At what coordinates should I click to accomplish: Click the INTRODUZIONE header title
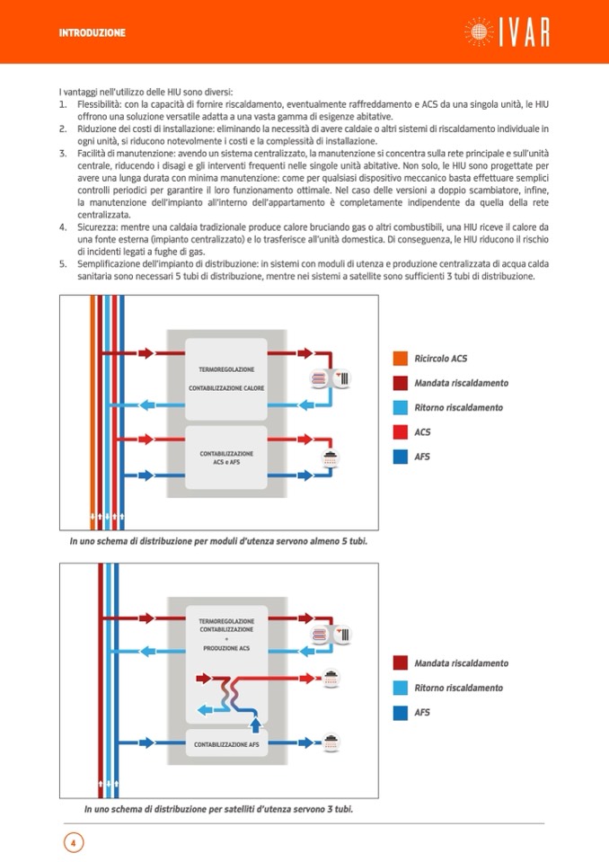click(x=92, y=33)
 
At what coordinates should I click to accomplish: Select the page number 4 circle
click(x=73, y=842)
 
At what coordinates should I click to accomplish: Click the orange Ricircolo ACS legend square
click(x=401, y=359)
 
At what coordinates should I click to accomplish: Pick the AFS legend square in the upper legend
click(x=401, y=457)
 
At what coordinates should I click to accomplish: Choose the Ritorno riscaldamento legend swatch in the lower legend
click(x=401, y=688)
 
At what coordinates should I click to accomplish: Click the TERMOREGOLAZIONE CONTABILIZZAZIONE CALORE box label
click(x=226, y=378)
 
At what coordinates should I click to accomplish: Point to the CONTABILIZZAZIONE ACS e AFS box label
click(x=226, y=458)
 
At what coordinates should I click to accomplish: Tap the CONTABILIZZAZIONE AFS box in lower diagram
click(x=226, y=745)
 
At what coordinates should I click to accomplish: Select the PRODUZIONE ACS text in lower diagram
click(x=226, y=648)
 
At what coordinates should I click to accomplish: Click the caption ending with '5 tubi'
click(x=218, y=542)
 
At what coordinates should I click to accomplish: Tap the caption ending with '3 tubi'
click(x=218, y=809)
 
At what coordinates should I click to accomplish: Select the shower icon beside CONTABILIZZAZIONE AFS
click(x=331, y=742)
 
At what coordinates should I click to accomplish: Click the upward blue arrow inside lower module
click(x=256, y=723)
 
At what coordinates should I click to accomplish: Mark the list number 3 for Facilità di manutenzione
click(x=63, y=155)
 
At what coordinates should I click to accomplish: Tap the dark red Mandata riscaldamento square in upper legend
click(x=401, y=383)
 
